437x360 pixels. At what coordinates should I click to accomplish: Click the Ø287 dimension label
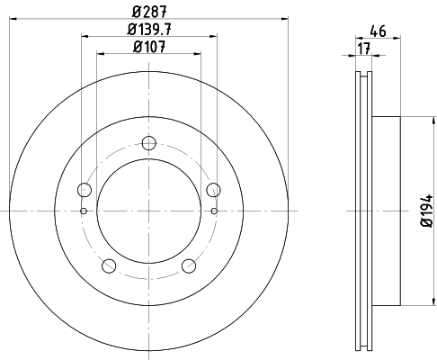(x=149, y=12)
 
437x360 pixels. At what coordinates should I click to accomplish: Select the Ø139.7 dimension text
(x=149, y=30)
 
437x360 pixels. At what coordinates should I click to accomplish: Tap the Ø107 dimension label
(x=149, y=47)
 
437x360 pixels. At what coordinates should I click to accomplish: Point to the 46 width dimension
(x=378, y=31)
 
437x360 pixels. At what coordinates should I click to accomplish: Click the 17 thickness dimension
(x=364, y=49)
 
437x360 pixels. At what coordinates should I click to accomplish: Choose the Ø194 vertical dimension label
(x=427, y=211)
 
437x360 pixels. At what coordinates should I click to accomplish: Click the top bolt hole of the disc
(x=149, y=143)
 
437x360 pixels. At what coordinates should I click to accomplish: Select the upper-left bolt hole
(x=85, y=190)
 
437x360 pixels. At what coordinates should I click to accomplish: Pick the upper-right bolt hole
(x=214, y=190)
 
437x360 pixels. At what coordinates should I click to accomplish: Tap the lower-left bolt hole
(x=109, y=265)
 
